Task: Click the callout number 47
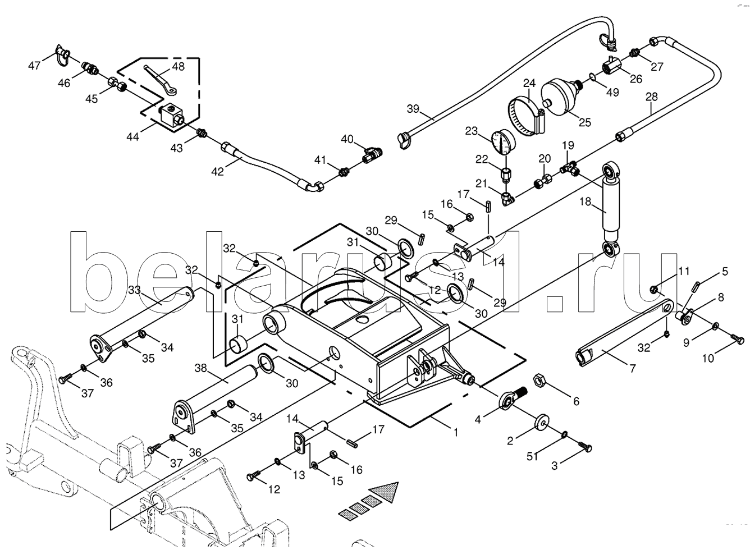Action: (x=35, y=66)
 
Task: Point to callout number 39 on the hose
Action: (x=413, y=109)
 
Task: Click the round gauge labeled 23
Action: (x=502, y=140)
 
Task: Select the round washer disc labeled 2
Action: (x=542, y=421)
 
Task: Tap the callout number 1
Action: (x=456, y=433)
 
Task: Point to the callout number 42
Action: (x=217, y=172)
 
